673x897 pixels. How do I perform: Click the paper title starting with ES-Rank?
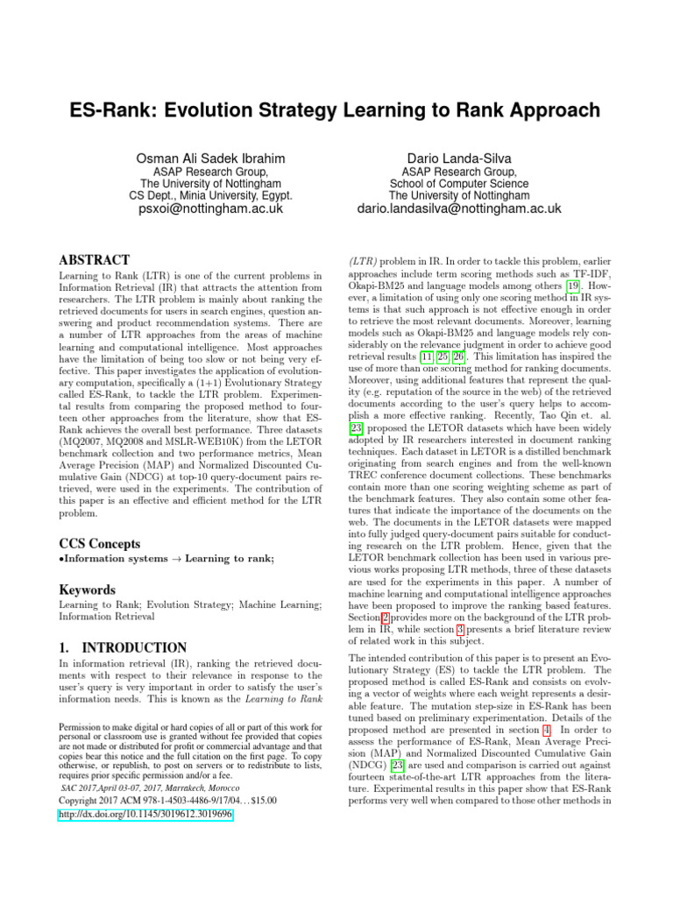336,110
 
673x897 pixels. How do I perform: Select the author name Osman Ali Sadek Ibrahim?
210,158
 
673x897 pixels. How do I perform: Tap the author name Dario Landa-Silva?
459,158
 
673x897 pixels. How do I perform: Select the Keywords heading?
89,590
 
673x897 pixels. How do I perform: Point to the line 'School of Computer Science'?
459,184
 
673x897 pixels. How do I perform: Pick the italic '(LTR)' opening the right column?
365,261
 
